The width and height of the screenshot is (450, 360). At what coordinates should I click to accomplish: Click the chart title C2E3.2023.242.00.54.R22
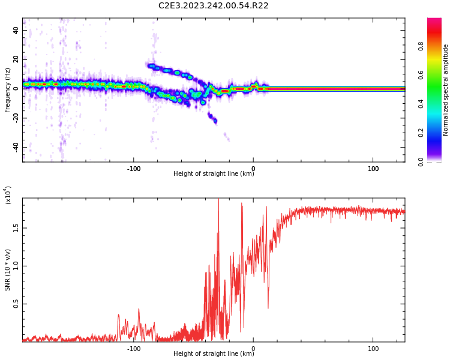pos(213,6)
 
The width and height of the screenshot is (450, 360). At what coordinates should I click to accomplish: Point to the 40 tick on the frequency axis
pos(16,30)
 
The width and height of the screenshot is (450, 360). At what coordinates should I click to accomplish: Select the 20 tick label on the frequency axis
pos(16,59)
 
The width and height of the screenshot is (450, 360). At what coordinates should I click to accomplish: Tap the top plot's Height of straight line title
pos(214,174)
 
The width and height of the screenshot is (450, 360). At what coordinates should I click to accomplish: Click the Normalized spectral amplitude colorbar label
pos(446,90)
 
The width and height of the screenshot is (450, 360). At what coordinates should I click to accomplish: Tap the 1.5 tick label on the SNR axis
pos(16,228)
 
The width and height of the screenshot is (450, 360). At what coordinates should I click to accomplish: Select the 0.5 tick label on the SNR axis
pos(16,304)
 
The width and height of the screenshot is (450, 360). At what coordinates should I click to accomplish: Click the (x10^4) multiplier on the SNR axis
pos(8,196)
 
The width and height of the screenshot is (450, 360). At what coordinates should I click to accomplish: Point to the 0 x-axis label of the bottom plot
pos(253,349)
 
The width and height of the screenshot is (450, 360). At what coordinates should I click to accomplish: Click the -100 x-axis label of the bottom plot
pos(134,349)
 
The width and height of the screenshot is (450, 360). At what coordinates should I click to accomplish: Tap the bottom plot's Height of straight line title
pos(214,354)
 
